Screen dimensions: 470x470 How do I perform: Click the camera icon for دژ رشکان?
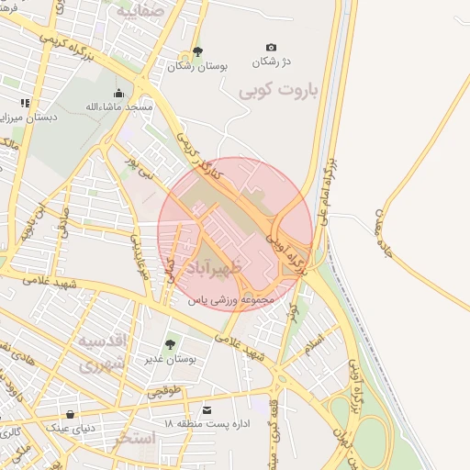pos(271,47)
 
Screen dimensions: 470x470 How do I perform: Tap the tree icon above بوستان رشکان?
pos(197,51)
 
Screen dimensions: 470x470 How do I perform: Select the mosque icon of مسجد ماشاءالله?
pos(118,93)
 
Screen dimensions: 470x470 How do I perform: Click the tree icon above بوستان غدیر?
pos(169,343)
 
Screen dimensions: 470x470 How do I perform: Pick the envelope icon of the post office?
pos(207,408)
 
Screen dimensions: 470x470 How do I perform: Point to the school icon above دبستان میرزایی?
pos(25,103)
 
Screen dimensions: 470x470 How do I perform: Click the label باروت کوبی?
pos(277,92)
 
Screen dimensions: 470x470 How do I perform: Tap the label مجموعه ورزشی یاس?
pos(231,300)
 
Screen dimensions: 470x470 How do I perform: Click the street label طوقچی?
pos(164,391)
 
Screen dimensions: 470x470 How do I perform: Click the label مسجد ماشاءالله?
pos(118,106)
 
